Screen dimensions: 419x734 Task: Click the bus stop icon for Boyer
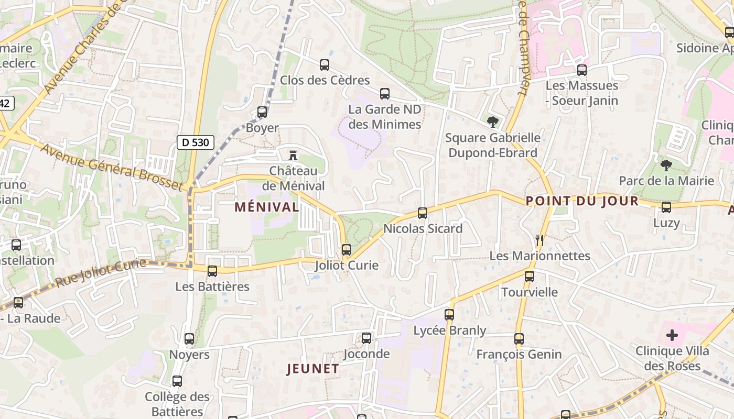(x=262, y=112)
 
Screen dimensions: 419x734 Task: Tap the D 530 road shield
(x=196, y=142)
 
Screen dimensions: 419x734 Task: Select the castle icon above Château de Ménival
(x=293, y=155)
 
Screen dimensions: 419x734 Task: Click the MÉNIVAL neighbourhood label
(x=267, y=207)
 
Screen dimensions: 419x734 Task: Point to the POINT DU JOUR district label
(x=582, y=201)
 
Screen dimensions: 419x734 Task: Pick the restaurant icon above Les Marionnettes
(x=539, y=240)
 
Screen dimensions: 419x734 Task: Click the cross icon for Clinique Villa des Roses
(x=672, y=335)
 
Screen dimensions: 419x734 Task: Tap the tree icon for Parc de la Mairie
(x=666, y=166)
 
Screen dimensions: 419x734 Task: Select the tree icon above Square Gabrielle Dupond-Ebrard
(x=492, y=123)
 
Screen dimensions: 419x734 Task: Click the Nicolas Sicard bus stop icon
(x=423, y=213)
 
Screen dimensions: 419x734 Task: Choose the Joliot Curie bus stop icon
(x=347, y=250)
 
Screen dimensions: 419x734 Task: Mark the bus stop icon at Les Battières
(x=212, y=271)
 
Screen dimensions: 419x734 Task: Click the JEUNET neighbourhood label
(x=313, y=369)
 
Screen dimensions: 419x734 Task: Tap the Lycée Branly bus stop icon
(x=449, y=315)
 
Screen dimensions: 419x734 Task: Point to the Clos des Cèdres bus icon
(x=325, y=65)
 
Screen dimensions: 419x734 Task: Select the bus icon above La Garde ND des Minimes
(x=385, y=94)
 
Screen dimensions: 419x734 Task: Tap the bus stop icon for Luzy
(x=666, y=207)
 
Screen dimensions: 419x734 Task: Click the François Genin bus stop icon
(x=519, y=339)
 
